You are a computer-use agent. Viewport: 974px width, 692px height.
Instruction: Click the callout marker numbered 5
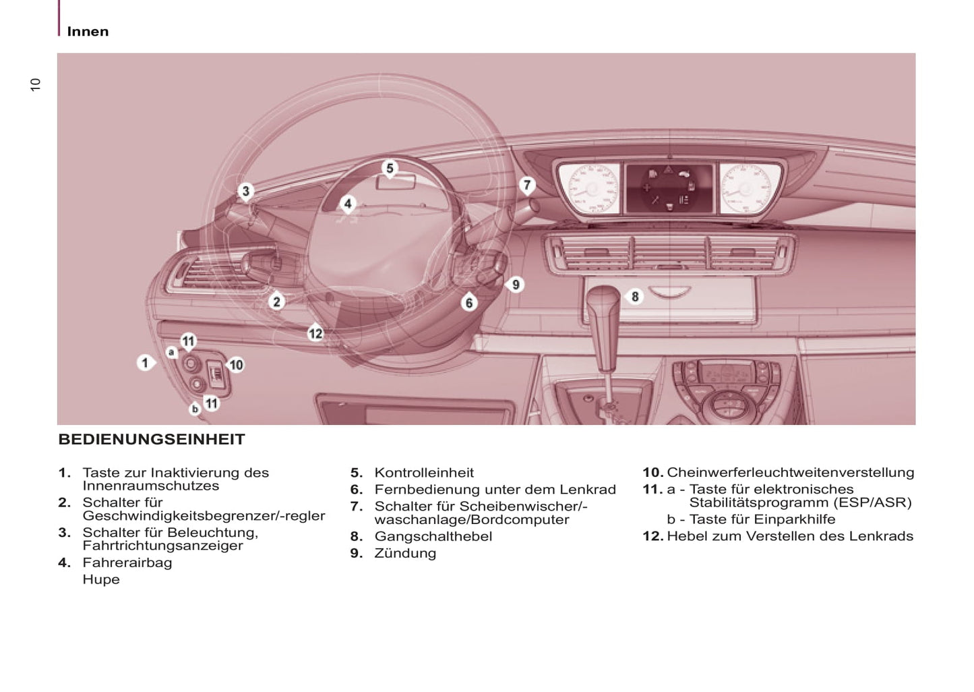pos(390,169)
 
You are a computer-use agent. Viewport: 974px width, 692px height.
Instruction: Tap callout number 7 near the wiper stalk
pos(527,185)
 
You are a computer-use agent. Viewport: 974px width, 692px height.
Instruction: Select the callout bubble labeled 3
pos(246,192)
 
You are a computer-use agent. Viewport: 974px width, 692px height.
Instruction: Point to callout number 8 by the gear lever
pos(634,297)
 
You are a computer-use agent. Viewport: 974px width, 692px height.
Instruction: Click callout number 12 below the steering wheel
pos(315,333)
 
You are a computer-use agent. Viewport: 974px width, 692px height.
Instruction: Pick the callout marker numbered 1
pos(145,363)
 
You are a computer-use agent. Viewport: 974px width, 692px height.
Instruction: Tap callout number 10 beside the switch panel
pos(236,365)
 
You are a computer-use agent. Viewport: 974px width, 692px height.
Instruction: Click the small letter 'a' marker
pos(171,352)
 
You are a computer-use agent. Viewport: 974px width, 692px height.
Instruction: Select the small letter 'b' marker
pos(195,409)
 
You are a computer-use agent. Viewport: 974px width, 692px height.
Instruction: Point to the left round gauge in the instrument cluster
pos(588,188)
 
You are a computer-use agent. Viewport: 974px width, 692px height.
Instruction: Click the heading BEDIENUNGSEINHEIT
pos(152,440)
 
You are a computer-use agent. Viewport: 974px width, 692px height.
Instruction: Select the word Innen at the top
pos(88,32)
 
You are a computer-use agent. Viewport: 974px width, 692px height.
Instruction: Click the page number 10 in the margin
pos(36,84)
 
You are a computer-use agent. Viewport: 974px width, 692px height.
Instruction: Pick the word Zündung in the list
pos(405,553)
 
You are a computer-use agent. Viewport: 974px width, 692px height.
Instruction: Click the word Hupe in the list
pos(101,579)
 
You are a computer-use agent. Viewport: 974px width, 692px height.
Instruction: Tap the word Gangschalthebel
pos(433,536)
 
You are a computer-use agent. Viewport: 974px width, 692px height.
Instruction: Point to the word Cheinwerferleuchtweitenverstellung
pos(790,473)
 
